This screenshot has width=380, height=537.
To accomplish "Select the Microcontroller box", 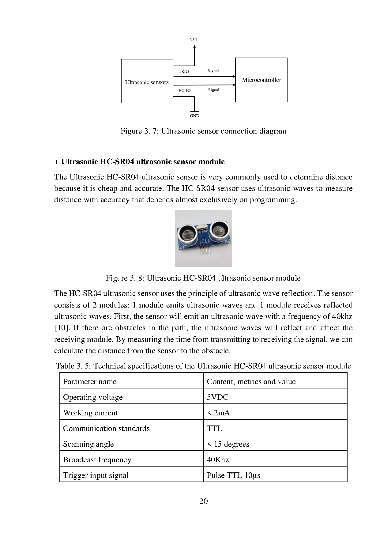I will tap(261, 80).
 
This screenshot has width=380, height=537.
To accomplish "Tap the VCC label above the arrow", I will tap(194, 39).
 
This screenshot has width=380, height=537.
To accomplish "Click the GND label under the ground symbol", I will tap(194, 116).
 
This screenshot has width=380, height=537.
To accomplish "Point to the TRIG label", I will tap(184, 71).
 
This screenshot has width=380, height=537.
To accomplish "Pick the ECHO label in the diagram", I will tap(184, 90).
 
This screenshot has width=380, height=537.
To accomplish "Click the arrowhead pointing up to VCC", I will tap(194, 47).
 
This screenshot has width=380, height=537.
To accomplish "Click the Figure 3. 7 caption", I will tap(203, 131).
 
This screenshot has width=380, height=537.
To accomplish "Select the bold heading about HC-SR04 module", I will tap(139, 161).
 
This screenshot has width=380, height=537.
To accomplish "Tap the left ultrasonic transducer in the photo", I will tap(186, 233).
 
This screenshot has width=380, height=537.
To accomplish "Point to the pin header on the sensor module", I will tap(204, 249).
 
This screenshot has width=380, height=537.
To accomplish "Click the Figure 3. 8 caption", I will tap(203, 278).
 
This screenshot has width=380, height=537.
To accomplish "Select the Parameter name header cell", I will tap(90, 381).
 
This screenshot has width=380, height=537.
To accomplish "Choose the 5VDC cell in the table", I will tap(217, 397).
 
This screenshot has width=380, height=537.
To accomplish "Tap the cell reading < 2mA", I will tap(218, 413).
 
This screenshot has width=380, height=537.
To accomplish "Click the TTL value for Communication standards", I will tap(214, 428).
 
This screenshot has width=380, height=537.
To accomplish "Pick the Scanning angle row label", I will tap(88, 444).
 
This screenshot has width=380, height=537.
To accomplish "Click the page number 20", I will tap(203, 501).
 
